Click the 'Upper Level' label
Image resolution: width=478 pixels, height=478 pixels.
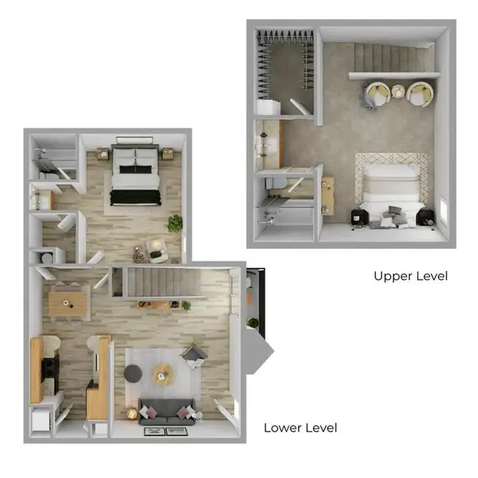410,276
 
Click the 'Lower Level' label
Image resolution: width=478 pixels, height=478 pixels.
300,429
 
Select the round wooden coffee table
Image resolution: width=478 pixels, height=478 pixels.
163,372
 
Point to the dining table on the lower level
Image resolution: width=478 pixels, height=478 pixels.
68,301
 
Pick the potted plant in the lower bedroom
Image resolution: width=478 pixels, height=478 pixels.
174,224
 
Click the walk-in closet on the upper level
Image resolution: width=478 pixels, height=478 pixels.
284,72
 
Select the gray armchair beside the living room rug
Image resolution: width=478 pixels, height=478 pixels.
194,355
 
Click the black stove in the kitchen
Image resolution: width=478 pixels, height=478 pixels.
50,368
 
